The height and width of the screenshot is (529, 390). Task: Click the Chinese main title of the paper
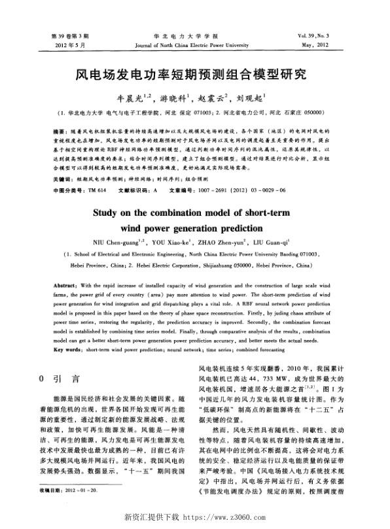click(x=195, y=75)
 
